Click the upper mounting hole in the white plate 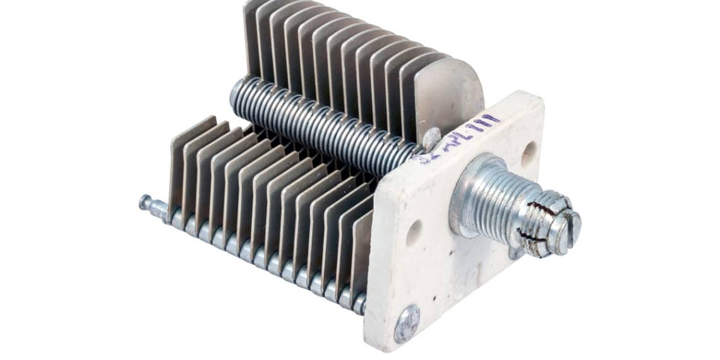[x=528, y=153]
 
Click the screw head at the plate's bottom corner [x=407, y=323]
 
